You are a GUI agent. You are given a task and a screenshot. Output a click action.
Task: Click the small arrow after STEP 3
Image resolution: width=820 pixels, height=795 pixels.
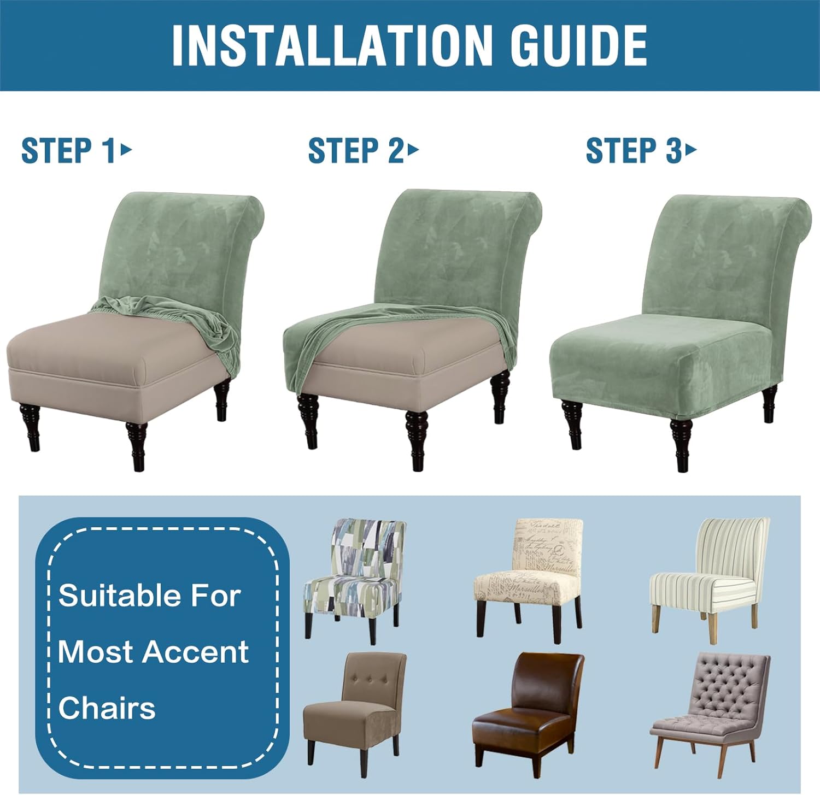coord(692,149)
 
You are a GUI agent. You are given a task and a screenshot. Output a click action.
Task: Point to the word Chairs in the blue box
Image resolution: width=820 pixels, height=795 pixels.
coord(107,708)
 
